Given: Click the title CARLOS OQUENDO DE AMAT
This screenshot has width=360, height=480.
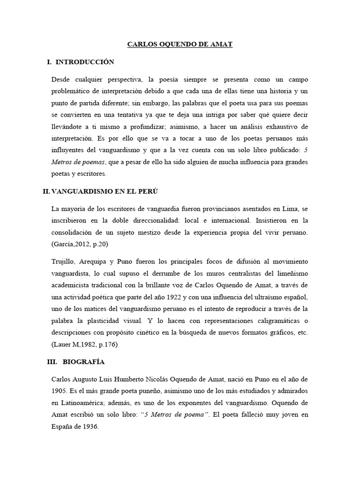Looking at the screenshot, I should coord(180,45).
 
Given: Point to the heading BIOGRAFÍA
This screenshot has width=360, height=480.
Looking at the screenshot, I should coord(83,362).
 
